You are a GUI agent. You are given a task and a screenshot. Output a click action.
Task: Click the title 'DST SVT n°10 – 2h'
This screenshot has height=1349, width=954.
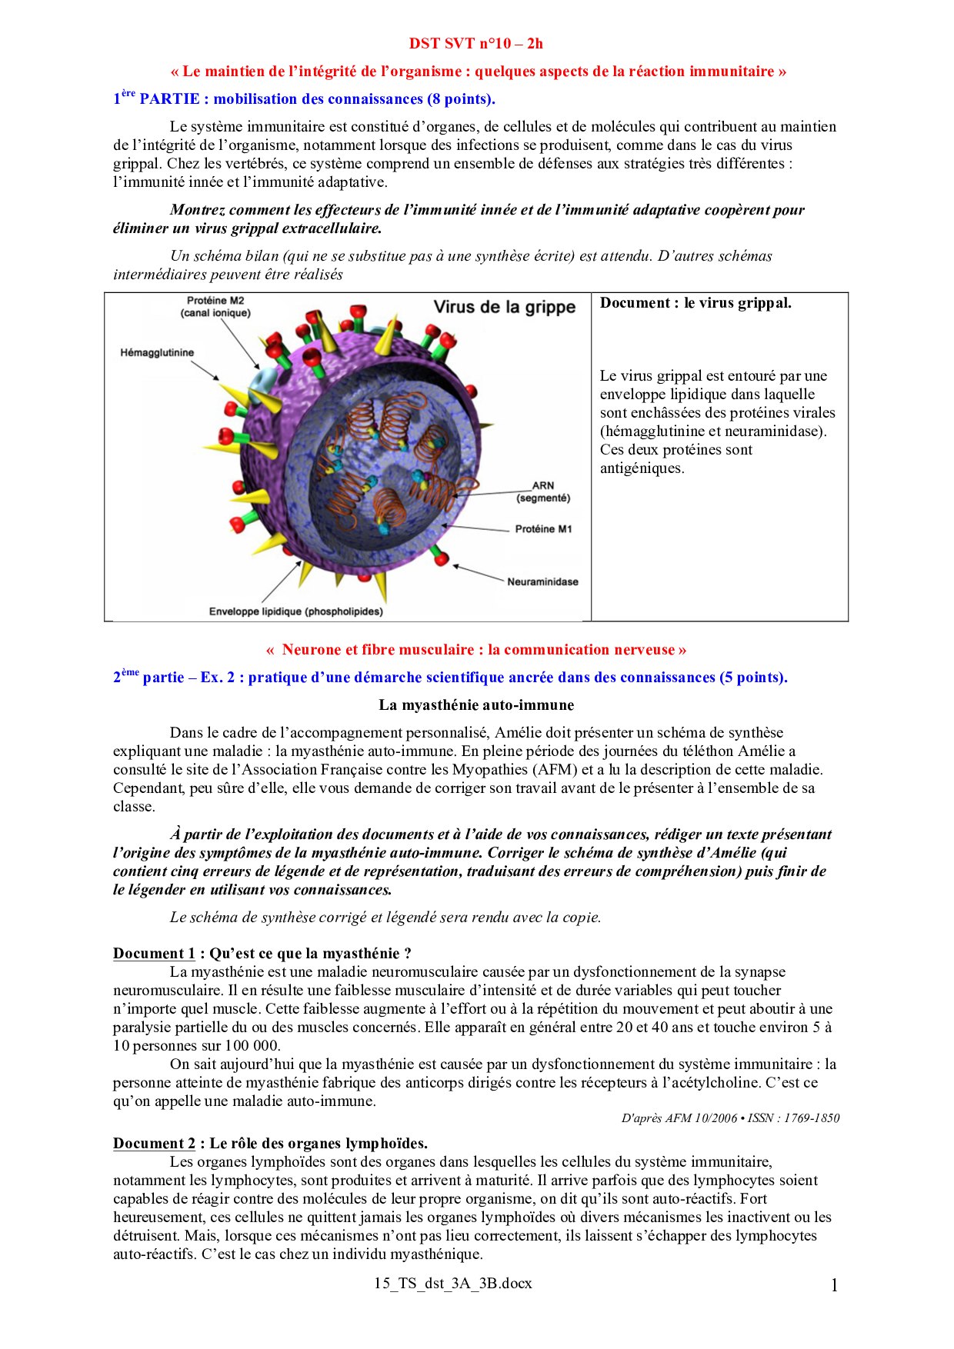point(475,43)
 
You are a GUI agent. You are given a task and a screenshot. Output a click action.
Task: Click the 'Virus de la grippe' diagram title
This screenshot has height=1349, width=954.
point(504,307)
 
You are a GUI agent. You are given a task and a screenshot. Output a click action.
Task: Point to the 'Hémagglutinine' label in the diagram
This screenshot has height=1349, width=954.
point(157,352)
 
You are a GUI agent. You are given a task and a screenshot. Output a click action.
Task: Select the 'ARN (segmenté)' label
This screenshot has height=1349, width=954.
point(543,491)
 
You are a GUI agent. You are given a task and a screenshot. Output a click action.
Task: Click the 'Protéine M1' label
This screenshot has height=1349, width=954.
point(543,529)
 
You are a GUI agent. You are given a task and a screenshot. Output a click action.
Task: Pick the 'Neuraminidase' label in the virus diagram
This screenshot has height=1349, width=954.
point(542,581)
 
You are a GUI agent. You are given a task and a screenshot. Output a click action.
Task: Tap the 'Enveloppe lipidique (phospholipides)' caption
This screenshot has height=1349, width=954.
point(295,611)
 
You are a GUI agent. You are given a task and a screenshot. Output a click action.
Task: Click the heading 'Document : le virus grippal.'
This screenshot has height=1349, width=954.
point(695,303)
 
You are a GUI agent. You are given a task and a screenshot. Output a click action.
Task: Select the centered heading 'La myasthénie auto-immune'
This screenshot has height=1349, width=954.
point(476,704)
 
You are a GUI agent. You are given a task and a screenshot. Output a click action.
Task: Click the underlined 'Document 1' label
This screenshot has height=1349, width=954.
point(154,954)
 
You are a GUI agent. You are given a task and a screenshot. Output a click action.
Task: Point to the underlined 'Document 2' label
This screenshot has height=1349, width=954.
point(154,1143)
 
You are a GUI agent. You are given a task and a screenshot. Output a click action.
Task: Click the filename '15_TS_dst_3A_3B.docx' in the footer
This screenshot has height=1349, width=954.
point(453,1283)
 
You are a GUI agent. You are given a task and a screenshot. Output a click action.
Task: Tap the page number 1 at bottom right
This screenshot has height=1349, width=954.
point(834,1285)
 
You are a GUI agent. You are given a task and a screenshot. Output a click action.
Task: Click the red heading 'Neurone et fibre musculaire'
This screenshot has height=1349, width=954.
point(476,649)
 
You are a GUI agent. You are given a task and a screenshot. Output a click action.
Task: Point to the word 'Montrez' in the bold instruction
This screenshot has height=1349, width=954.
point(198,209)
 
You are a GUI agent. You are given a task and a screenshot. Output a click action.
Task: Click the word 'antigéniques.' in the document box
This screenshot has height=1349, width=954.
point(642,468)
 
